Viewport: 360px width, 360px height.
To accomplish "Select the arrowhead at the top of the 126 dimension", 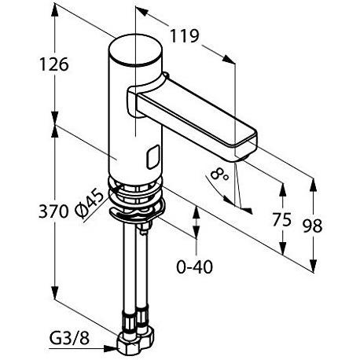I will tap(54, 11).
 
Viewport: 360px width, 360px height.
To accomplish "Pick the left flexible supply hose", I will tap(127, 275).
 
